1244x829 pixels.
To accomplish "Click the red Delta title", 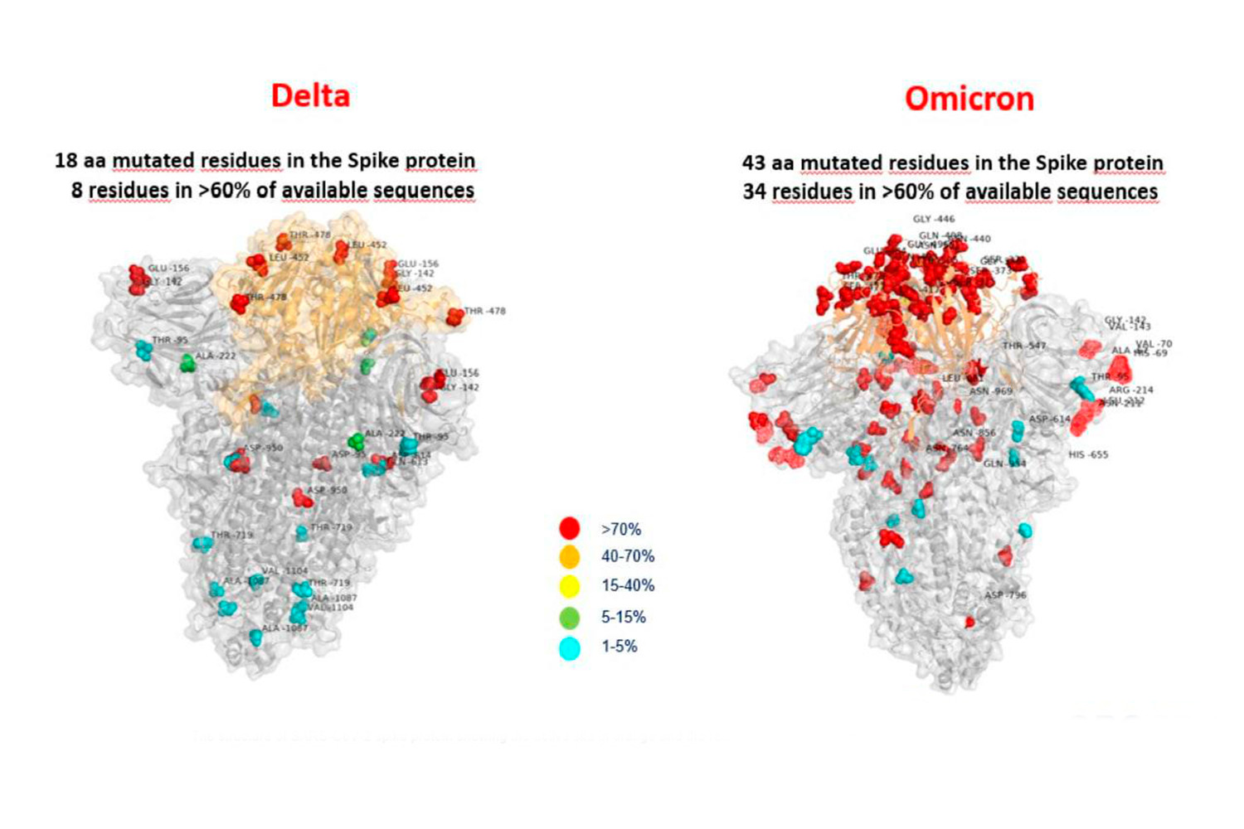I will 310,95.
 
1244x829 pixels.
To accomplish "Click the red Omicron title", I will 969,99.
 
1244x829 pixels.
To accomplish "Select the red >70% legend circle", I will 569,528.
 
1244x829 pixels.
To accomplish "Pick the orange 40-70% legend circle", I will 569,556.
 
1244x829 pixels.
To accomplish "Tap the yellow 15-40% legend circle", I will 569,586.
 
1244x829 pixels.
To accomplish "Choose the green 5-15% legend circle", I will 569,617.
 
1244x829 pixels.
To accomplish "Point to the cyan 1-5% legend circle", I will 569,647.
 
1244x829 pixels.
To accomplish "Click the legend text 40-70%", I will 628,556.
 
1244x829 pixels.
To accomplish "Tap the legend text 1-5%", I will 619,647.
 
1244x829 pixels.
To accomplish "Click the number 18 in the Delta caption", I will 66,160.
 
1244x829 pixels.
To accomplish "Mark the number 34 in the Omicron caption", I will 754,191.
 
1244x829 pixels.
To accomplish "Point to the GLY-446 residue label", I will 933,219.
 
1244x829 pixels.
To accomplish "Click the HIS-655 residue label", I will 1088,454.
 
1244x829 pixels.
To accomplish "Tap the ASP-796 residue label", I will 1005,595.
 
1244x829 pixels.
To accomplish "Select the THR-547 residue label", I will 1024,346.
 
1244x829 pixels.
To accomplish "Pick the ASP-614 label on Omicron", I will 1049,419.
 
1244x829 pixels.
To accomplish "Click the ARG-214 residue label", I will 1131,390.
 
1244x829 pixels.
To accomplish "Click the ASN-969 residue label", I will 991,391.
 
